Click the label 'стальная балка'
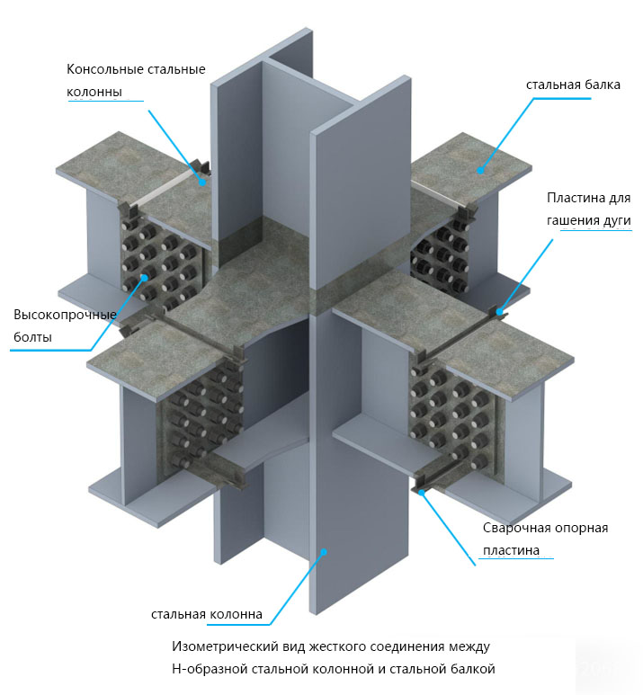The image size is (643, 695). (x=573, y=85)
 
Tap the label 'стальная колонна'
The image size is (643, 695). (x=207, y=614)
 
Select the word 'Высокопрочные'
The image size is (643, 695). (x=65, y=315)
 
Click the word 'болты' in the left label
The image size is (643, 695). (x=32, y=337)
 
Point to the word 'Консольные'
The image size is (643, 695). (x=100, y=69)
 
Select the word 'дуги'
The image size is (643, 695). (x=616, y=220)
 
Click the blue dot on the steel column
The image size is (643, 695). (x=324, y=552)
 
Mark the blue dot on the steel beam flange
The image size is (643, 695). (x=480, y=170)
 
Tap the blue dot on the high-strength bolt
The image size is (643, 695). (x=145, y=278)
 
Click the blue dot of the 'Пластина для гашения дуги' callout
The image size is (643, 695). (x=500, y=312)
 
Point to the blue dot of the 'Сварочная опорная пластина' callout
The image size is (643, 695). (x=421, y=492)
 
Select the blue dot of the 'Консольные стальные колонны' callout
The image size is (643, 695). (x=202, y=182)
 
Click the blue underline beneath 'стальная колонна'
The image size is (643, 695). (x=238, y=625)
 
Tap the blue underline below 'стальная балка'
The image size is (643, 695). (x=562, y=98)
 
